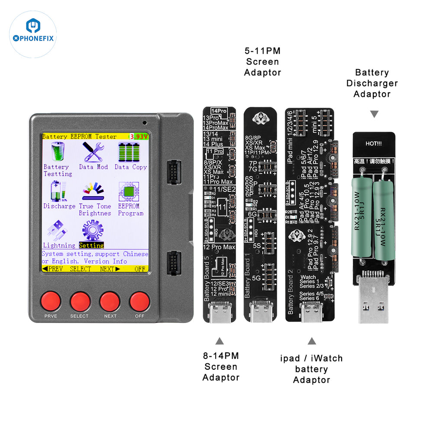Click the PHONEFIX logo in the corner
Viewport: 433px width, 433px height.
point(33,34)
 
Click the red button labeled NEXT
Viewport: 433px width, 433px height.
point(110,301)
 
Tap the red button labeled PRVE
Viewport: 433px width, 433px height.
point(51,301)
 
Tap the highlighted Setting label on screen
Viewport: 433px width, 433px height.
point(91,246)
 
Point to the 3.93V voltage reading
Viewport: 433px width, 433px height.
point(139,136)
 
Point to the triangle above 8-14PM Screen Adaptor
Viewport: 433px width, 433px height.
point(220,340)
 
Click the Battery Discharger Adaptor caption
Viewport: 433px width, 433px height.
point(372,83)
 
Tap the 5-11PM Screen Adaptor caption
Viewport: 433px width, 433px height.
point(262,61)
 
